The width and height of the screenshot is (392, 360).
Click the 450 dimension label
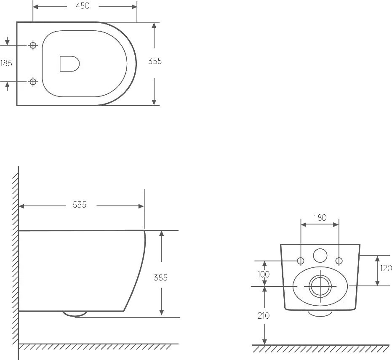(x=83, y=6)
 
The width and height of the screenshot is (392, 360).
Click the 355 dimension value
(x=155, y=61)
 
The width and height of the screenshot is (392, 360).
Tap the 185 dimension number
(x=6, y=63)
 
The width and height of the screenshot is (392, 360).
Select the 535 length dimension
(x=80, y=205)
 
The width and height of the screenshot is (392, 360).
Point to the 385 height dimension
(x=160, y=277)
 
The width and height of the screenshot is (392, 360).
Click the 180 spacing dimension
(x=320, y=218)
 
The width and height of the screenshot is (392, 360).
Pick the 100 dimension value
(x=264, y=274)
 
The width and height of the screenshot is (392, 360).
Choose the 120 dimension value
(x=386, y=268)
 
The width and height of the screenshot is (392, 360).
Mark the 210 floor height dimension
(x=264, y=316)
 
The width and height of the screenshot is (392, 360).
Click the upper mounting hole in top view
(x=33, y=45)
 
